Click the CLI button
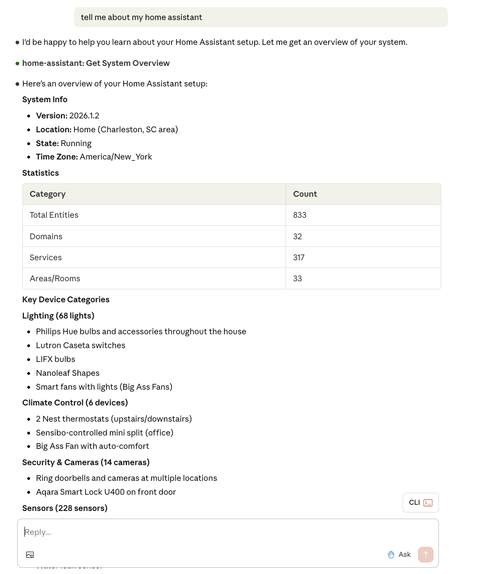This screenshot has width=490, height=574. [x=420, y=502]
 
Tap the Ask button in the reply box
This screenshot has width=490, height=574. [x=399, y=554]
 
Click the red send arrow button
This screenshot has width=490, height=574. [x=426, y=554]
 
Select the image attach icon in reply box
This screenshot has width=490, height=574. [x=30, y=554]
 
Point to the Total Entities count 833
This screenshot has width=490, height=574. [x=299, y=215]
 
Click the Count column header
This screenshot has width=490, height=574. [x=305, y=194]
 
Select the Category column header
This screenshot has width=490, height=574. [x=47, y=194]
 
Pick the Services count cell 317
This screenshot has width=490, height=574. [x=298, y=257]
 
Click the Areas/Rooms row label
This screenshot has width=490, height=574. [x=54, y=278]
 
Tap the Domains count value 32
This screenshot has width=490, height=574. [x=297, y=236]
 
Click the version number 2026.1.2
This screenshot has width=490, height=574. [x=84, y=116]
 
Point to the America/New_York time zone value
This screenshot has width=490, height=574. [x=116, y=157]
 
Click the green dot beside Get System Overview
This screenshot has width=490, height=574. [x=17, y=63]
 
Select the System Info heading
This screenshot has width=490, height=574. [x=44, y=99]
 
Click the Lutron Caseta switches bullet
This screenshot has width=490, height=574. [x=80, y=345]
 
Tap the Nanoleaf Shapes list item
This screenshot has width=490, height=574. [x=67, y=373]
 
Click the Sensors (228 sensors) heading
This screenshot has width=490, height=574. [x=64, y=508]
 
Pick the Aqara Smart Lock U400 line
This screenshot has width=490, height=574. [x=106, y=492]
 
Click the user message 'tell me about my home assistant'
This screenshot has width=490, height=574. [x=141, y=17]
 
